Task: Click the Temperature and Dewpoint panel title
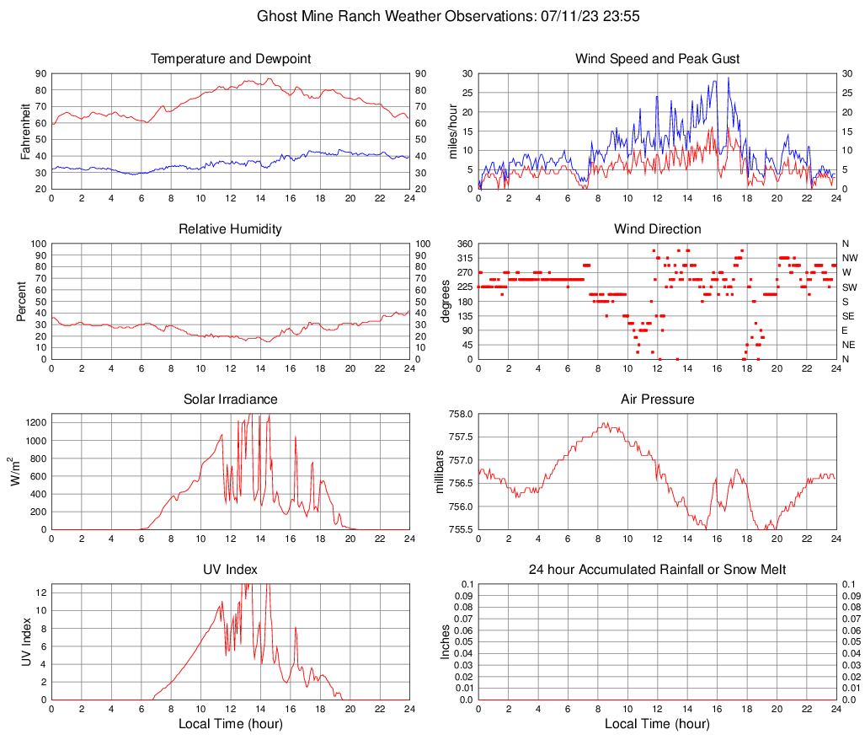coord(231,59)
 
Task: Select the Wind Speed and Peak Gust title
coord(657,59)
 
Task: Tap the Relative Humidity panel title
coord(231,229)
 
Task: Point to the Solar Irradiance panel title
coord(231,399)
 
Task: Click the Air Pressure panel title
coord(657,399)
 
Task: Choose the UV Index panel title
coord(231,570)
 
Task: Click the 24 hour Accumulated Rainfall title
coord(657,570)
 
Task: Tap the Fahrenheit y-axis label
coord(25,131)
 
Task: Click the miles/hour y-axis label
coord(452,131)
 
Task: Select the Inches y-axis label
coord(446,641)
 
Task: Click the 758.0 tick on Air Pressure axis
coord(461,415)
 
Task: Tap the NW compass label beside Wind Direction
coord(849,258)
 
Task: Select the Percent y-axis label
coord(22,302)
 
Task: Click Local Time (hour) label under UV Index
coord(231,724)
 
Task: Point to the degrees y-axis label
coord(446,302)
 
